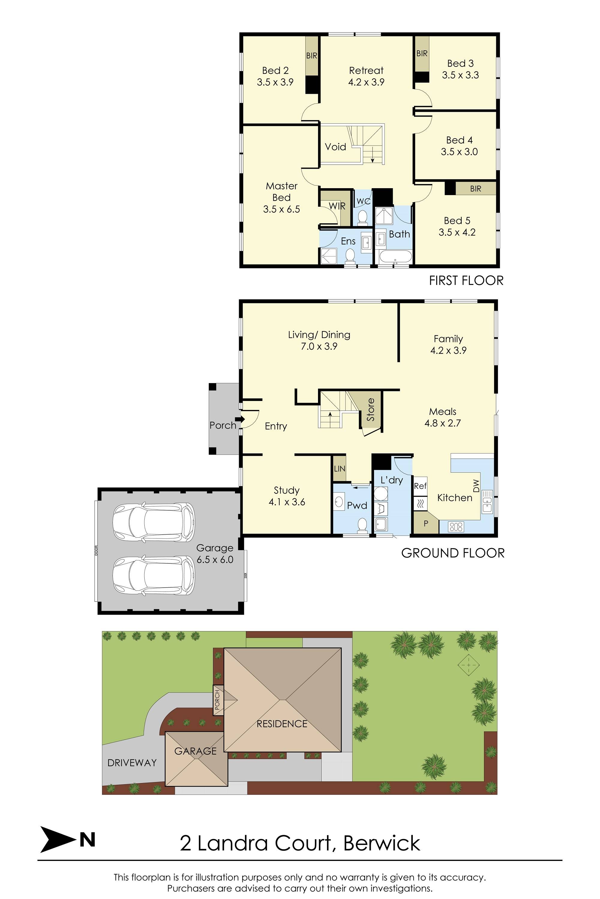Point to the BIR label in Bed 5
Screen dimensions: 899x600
coord(475,189)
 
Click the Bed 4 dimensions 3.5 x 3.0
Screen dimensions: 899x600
coord(459,152)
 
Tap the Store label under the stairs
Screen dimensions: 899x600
coord(370,409)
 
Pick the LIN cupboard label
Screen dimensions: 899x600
coord(339,469)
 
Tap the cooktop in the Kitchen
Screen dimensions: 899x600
coord(456,527)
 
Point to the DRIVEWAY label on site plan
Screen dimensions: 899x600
coord(132,763)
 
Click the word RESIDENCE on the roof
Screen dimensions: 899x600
coord(282,724)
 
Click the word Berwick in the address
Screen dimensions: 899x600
coord(382,843)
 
